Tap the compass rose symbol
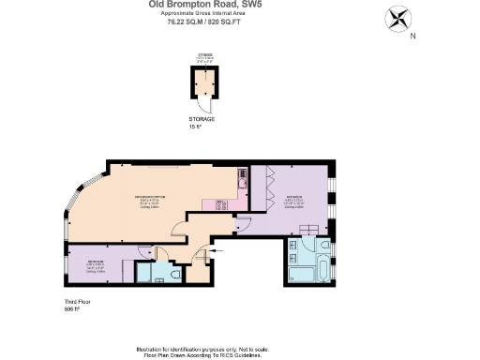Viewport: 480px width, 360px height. pos(397,19)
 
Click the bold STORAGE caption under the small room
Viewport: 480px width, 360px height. pos(202,119)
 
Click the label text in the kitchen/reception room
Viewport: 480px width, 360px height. pos(152,202)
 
